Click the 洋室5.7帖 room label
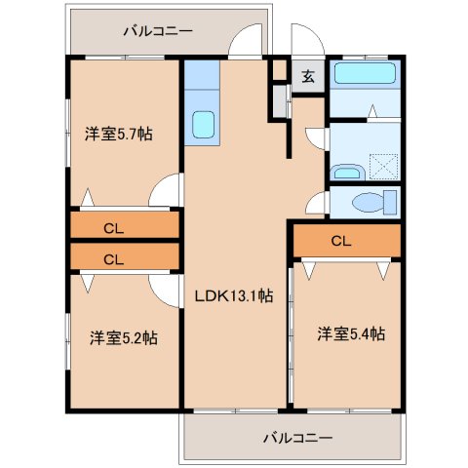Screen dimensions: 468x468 (118, 135)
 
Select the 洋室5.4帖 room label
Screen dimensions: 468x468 (350, 333)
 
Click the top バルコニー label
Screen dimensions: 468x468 (157, 31)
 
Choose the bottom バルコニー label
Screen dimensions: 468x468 (297, 438)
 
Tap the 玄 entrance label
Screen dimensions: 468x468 (308, 77)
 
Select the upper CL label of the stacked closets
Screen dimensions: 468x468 (113, 229)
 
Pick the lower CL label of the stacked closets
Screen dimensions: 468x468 (113, 259)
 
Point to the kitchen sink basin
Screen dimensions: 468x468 (204, 125)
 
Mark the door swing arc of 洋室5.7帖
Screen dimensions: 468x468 (168, 189)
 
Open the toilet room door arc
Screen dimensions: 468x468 (315, 202)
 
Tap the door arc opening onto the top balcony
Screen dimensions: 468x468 (247, 42)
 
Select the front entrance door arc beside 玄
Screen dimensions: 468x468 (304, 44)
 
